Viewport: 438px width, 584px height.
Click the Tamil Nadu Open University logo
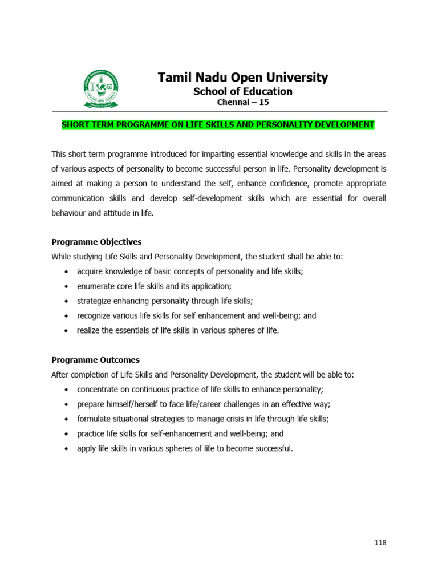coord(100,89)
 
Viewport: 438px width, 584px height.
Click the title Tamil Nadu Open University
coord(242,78)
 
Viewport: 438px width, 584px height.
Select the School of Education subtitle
coord(242,91)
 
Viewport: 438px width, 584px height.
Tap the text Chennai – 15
coord(242,102)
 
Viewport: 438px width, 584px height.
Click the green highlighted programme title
coord(218,125)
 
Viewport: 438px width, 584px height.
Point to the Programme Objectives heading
coord(96,242)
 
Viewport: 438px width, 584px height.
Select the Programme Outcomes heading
coord(95,360)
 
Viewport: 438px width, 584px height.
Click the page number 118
coord(380,542)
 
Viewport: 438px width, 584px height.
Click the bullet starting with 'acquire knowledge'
coord(190,271)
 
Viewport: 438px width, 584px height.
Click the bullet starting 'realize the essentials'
coord(178,330)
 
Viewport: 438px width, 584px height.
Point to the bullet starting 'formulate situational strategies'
coord(202,419)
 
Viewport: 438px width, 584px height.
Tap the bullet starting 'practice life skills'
coord(180,433)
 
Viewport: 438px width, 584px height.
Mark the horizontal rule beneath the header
coord(220,111)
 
